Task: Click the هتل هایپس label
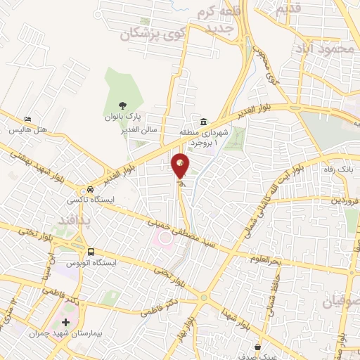[27, 130]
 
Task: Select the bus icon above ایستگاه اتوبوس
[91, 252]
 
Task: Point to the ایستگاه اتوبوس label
[91, 262]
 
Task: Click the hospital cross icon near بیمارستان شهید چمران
[66, 322]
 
